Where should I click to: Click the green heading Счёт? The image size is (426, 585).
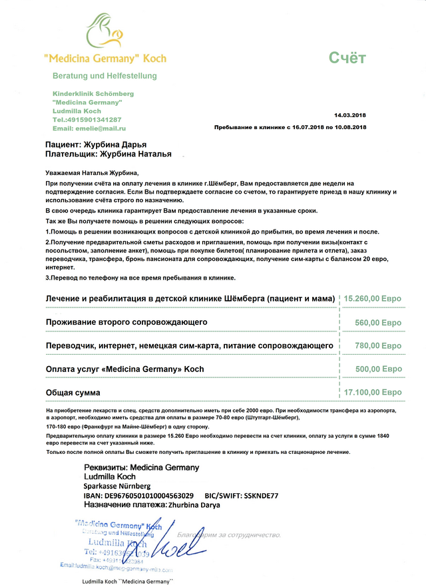(347, 59)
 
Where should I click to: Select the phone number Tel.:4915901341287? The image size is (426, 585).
(87, 119)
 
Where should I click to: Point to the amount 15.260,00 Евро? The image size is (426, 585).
(372, 299)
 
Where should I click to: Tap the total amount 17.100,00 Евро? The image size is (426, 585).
(372, 393)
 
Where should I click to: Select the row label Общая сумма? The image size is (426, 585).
(73, 393)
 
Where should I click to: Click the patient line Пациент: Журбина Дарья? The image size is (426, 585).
(96, 144)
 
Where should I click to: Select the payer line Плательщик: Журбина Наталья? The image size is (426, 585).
(108, 154)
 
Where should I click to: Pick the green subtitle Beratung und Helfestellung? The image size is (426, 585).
(105, 76)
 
